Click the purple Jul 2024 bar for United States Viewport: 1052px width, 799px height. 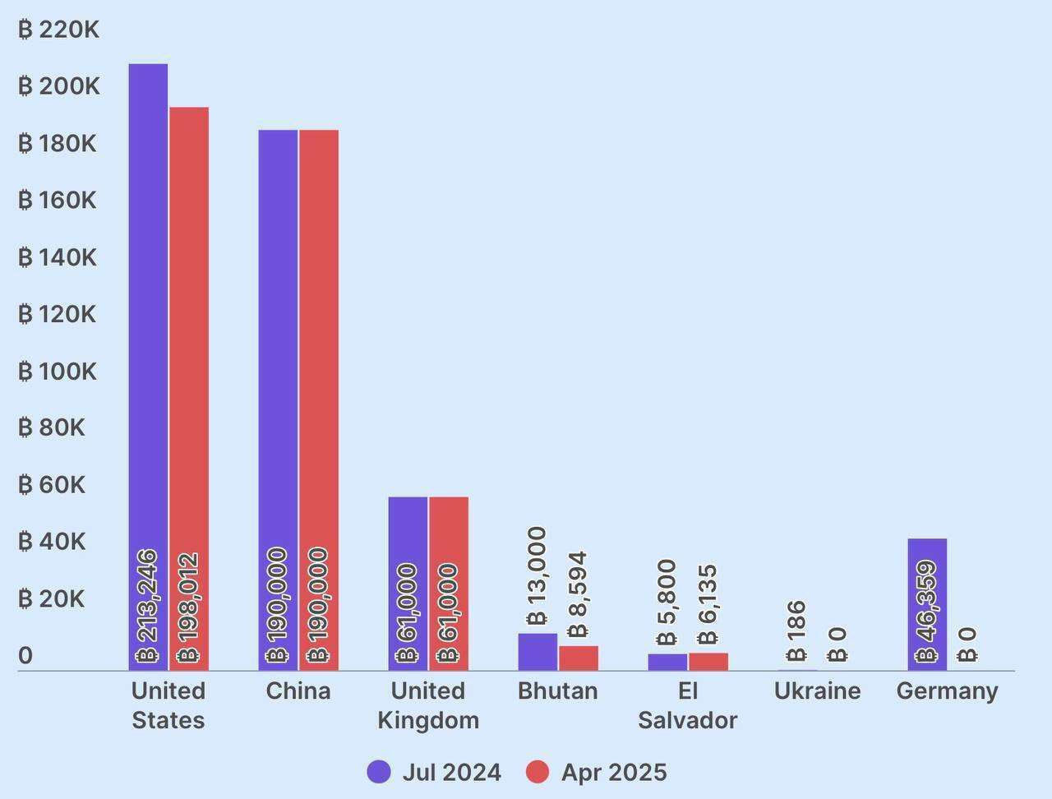pyautogui.click(x=148, y=329)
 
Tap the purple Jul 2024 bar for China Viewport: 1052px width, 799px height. pyautogui.click(x=278, y=370)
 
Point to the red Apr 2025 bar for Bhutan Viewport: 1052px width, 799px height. pyautogui.click(x=579, y=658)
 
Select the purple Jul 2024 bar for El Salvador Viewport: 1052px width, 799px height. pyautogui.click(x=667, y=663)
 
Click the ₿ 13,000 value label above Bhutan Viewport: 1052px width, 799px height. pyautogui.click(x=537, y=576)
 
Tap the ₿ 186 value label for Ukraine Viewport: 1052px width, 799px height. pyautogui.click(x=796, y=630)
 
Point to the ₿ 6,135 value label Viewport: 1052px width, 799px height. pyautogui.click(x=708, y=604)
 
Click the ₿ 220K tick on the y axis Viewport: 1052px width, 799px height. pyautogui.click(x=58, y=30)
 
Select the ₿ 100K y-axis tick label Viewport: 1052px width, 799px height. pyautogui.click(x=58, y=372)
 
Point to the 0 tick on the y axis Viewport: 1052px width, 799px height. pyautogui.click(x=25, y=655)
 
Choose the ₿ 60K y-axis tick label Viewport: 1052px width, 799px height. pyautogui.click(x=52, y=485)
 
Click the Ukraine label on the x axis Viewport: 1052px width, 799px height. pyautogui.click(x=817, y=690)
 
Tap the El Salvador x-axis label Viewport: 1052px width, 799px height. pyautogui.click(x=687, y=705)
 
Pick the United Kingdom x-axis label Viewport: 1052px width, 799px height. pyautogui.click(x=427, y=705)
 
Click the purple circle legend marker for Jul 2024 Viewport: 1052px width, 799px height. pyautogui.click(x=379, y=772)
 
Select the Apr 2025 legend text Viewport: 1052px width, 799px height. pyautogui.click(x=614, y=772)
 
